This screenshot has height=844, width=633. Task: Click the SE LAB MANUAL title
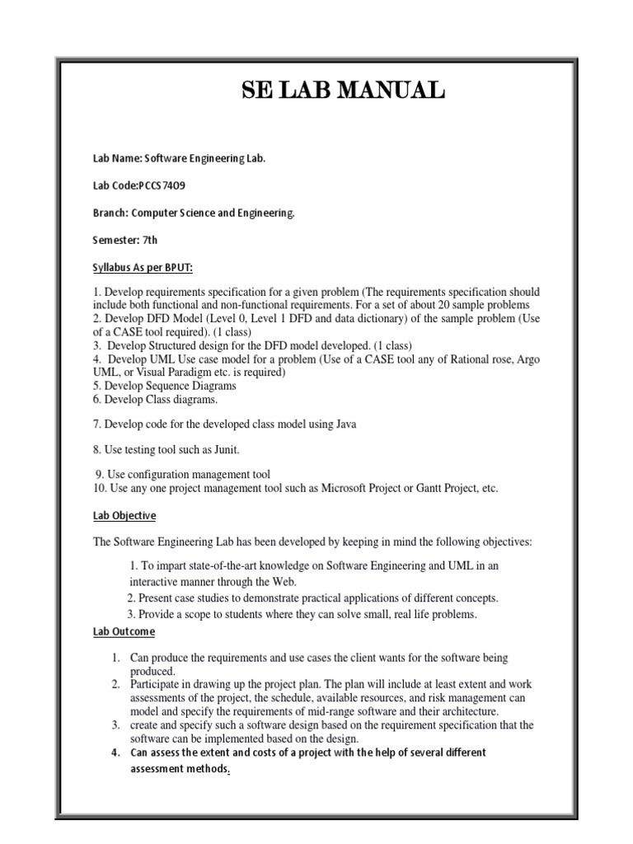click(x=343, y=90)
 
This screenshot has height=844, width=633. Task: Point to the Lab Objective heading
click(x=124, y=515)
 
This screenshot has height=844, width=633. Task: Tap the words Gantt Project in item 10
click(x=434, y=489)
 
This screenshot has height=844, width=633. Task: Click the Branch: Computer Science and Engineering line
click(x=194, y=213)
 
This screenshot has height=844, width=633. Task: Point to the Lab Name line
click(x=179, y=158)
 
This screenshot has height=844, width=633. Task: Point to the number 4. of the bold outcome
click(x=115, y=753)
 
